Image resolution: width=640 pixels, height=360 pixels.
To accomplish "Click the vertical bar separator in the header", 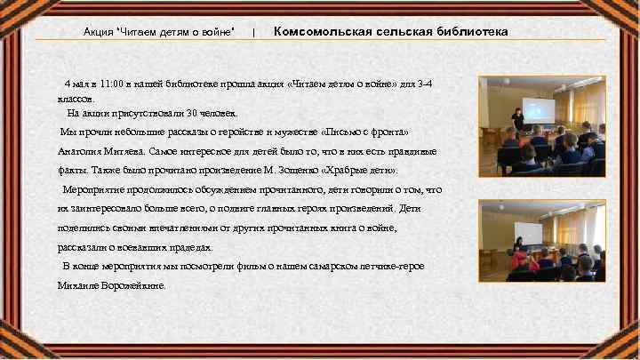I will [254, 33].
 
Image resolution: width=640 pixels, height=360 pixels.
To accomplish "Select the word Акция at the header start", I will [99, 33].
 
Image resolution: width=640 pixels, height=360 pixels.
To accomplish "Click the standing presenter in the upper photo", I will [516, 120].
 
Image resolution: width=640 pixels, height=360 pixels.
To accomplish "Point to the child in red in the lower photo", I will [522, 261].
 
